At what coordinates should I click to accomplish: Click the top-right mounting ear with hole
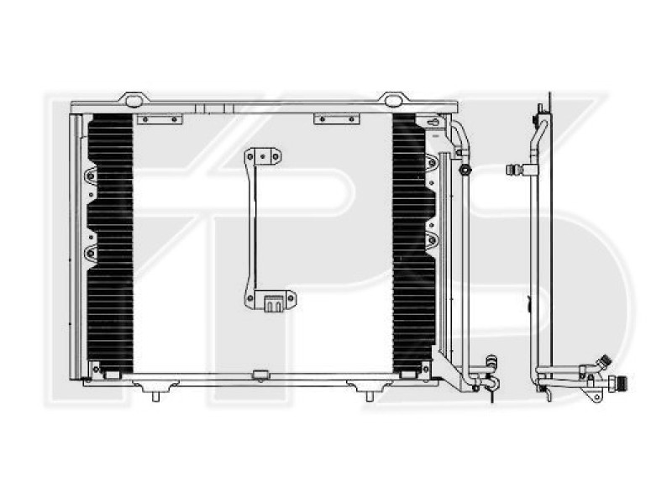coord(392,99)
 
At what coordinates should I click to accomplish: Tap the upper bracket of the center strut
coord(263,157)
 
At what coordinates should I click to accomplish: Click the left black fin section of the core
coord(110,244)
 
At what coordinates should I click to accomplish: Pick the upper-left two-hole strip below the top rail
coord(159,119)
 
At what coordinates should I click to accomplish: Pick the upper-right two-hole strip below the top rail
coord(336,119)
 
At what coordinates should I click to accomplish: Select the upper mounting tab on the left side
coord(90,176)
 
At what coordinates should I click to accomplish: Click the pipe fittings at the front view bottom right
coord(486,375)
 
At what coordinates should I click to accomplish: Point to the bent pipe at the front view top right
coord(458,134)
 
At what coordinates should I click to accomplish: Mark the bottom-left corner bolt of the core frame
coord(97,370)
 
